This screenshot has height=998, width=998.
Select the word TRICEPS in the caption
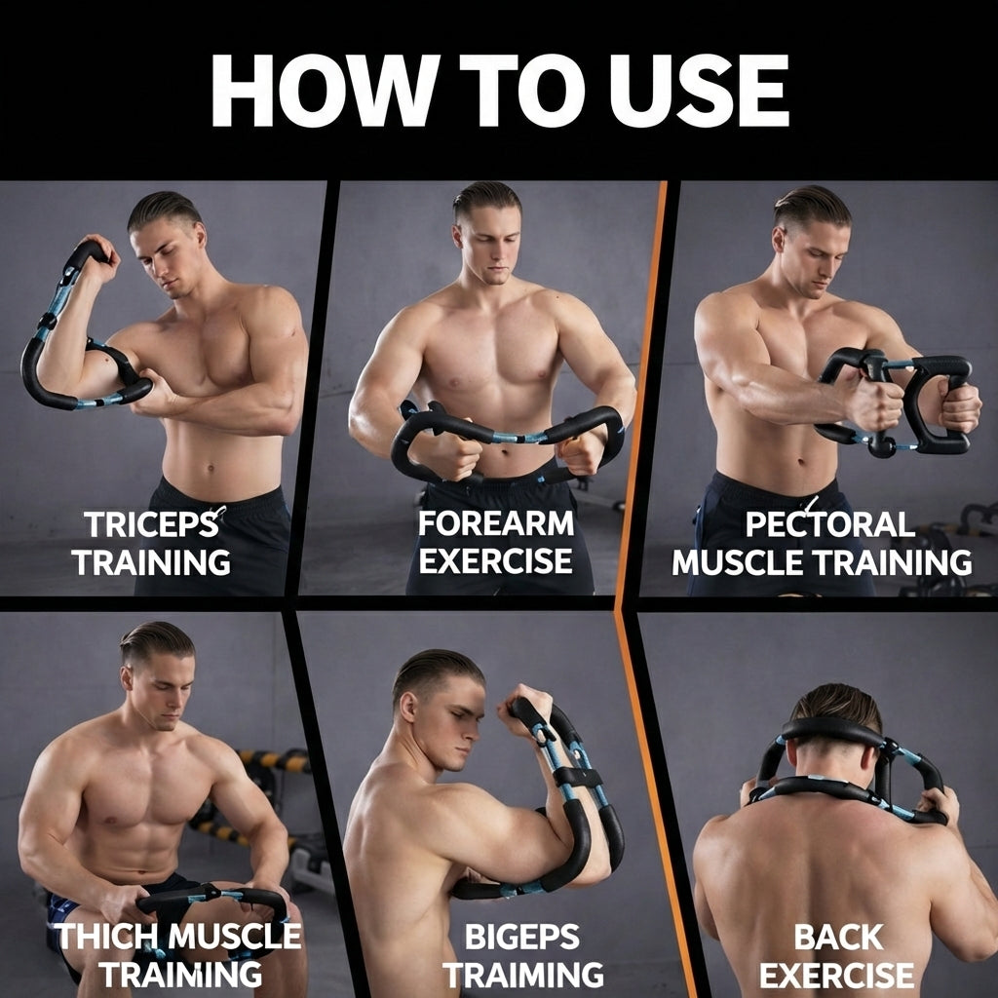(151, 524)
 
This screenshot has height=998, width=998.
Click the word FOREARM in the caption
(496, 523)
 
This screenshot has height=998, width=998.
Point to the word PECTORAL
(829, 524)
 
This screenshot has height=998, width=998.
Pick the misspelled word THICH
(106, 936)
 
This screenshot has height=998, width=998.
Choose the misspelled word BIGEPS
(522, 937)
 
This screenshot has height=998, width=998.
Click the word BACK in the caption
(838, 937)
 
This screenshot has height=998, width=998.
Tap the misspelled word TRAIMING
(523, 975)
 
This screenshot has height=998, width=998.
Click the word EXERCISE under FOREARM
(495, 560)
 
